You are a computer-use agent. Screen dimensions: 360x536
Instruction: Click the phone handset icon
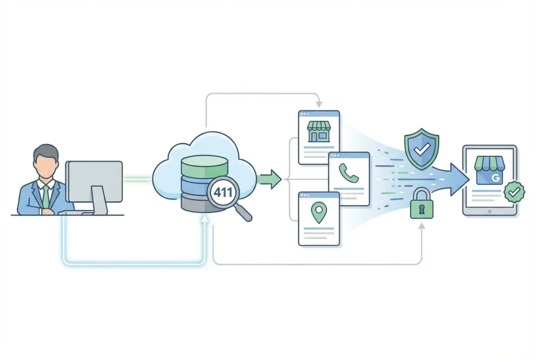[348, 173]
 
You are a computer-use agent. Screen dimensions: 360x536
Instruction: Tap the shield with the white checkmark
[421, 148]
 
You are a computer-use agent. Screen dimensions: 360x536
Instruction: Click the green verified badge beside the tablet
[514, 192]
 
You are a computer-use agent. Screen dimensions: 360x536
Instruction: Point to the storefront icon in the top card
[319, 131]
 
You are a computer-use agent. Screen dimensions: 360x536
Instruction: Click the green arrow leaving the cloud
[270, 180]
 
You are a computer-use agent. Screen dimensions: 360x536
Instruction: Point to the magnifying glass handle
[243, 212]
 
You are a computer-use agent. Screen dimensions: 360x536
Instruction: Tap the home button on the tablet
[490, 211]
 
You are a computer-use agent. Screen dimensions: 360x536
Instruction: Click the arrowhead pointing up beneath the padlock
[421, 226]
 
